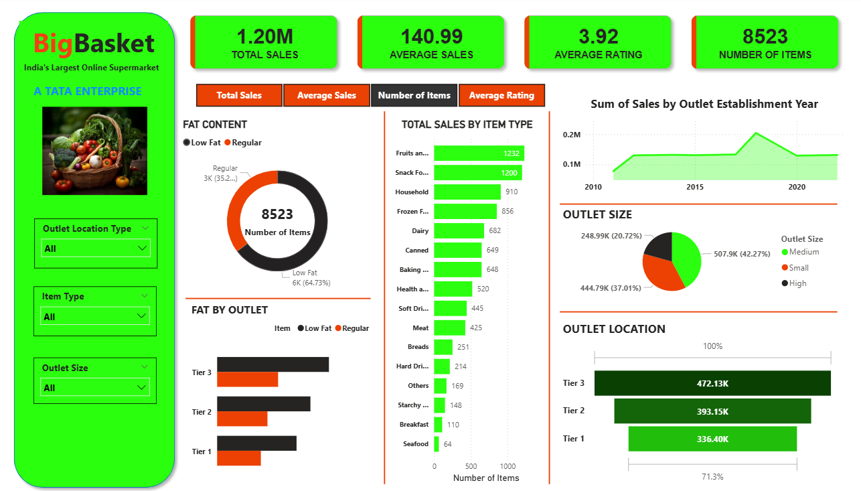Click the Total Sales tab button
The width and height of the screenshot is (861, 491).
pos(239,95)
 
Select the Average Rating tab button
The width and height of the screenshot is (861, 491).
pos(501,95)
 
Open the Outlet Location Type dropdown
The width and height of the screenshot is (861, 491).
pos(95,249)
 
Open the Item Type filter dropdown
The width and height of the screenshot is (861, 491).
pos(95,316)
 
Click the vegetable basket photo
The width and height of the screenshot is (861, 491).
pos(94,151)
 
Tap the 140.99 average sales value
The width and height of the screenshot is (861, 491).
pos(431,36)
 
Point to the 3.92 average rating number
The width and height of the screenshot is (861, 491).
pos(598,36)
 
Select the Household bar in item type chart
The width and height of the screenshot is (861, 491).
pos(467,192)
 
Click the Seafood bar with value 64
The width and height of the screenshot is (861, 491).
pos(437,444)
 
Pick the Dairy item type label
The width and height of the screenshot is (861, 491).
pos(420,230)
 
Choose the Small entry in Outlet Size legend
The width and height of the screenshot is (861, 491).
pos(799,267)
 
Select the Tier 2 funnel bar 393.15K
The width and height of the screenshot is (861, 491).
pos(712,411)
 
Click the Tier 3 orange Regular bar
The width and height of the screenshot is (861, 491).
pos(247,380)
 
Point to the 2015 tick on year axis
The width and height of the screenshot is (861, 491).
pos(695,187)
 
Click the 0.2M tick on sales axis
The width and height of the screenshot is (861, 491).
pos(572,135)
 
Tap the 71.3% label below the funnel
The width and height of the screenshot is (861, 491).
pos(712,476)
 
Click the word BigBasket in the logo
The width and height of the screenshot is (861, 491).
pos(94,44)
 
